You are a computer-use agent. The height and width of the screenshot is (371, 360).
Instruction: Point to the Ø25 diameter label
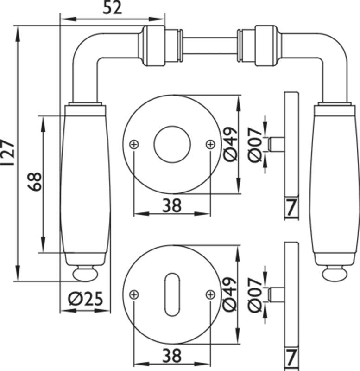point(85,300)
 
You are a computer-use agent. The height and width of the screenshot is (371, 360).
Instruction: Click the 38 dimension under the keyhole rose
point(172,356)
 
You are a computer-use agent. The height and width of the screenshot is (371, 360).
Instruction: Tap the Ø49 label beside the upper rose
point(231,143)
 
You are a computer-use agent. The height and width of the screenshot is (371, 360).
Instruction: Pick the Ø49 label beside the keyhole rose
point(231,293)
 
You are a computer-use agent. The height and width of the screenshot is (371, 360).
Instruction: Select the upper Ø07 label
point(256,144)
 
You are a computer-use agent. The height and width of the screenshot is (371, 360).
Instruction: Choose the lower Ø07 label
point(256,294)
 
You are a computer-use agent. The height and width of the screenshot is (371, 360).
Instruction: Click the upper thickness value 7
point(291,209)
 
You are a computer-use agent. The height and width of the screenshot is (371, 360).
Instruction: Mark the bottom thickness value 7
point(291,358)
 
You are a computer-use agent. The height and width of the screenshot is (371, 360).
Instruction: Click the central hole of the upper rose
point(172,144)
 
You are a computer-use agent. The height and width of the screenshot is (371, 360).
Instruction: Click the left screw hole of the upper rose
point(134,144)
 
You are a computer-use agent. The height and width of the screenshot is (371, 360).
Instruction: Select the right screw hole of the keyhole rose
point(210,294)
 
